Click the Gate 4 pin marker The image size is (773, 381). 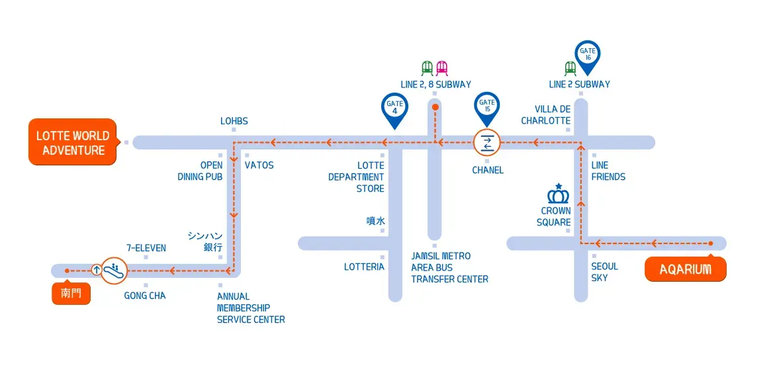394,108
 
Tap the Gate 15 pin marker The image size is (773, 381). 487,106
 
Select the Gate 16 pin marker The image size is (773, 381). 587,55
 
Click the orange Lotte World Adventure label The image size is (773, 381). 73,142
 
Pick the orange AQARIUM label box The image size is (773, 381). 685,269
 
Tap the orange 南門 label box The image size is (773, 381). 71,293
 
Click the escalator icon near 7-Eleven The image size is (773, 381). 114,269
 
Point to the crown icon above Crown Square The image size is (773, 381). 559,195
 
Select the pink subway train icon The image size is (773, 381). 441,68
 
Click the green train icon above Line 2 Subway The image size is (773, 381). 570,68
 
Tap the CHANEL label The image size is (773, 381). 488,170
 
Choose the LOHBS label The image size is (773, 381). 234,121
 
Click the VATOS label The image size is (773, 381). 259,165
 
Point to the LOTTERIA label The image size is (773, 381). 364,267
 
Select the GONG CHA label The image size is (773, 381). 145,296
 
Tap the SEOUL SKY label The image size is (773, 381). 604,272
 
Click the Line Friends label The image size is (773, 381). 608,171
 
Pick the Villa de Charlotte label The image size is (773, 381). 545,114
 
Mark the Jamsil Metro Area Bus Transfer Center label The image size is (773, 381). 449,267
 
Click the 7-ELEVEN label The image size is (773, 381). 146,248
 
